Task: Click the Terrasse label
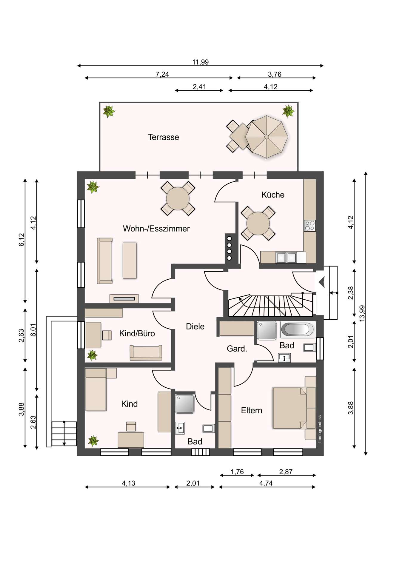[x=163, y=137]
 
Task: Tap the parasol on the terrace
[x=267, y=136]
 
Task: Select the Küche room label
[x=273, y=195]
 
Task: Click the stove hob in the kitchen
[x=309, y=225]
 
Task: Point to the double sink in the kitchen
[x=286, y=257]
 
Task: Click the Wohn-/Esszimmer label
[x=156, y=229]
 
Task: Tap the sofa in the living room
[x=104, y=261]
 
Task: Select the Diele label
[x=195, y=326]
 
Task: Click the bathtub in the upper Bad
[x=298, y=329]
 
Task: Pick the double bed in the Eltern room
[x=289, y=408]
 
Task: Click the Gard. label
[x=237, y=349]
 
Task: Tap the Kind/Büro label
[x=137, y=333]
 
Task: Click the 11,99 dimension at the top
[x=201, y=62]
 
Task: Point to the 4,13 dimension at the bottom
[x=128, y=483]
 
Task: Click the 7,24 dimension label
[x=162, y=74]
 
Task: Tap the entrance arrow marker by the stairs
[x=321, y=282]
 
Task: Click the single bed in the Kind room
[x=96, y=389]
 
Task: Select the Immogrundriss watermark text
[x=320, y=429]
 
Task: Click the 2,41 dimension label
[x=199, y=87]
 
